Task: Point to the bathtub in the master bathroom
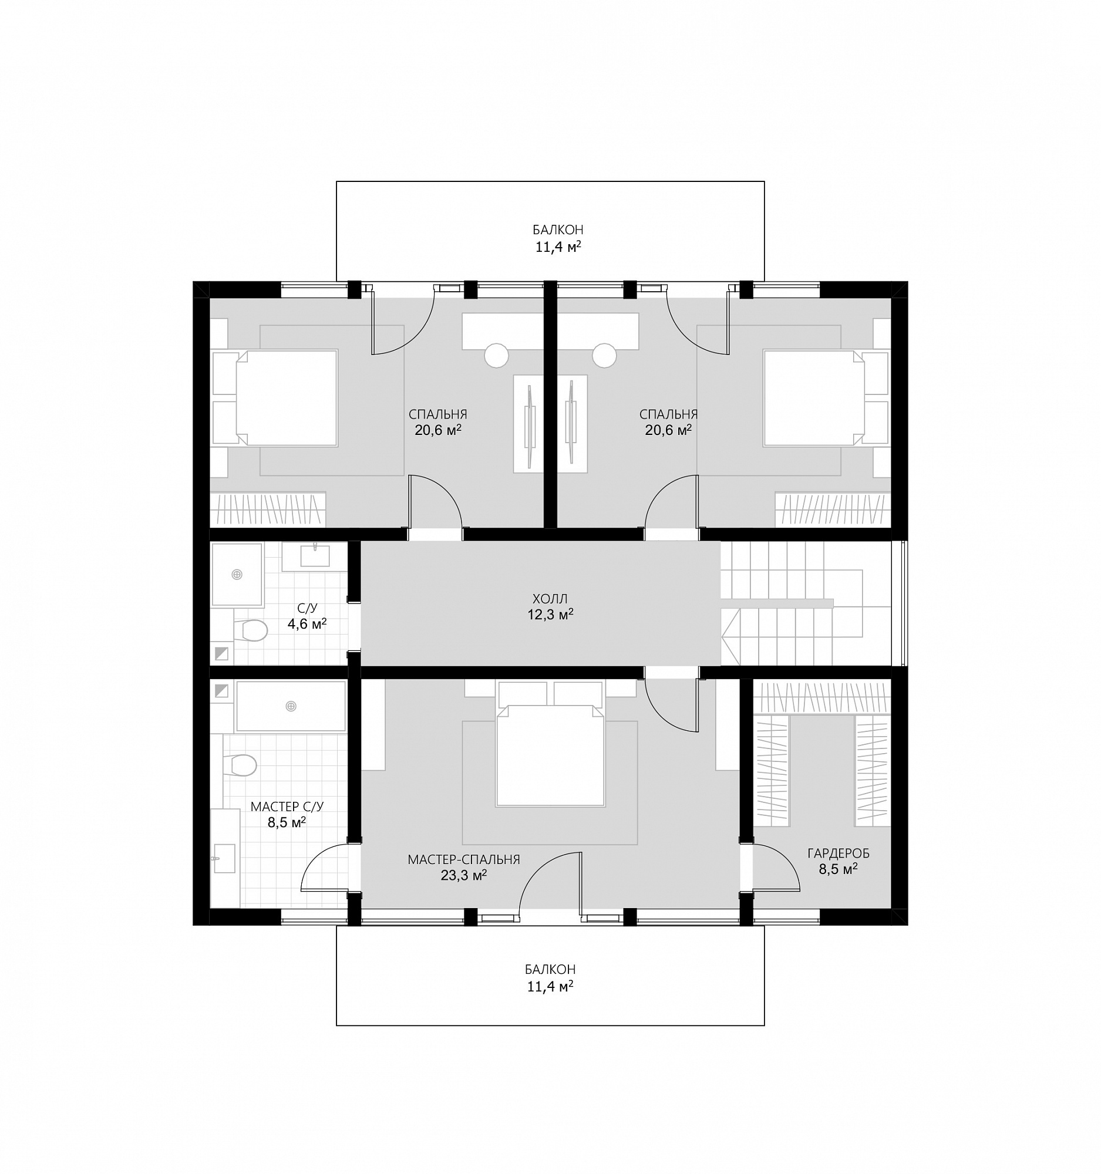tap(291, 706)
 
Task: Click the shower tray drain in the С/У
tap(237, 574)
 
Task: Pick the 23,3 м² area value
tap(464, 875)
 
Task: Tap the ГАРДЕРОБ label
tap(838, 853)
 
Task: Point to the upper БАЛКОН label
tap(558, 230)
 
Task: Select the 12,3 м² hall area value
tap(550, 615)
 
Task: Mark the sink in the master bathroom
tap(224, 858)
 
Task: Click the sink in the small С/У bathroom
tap(315, 556)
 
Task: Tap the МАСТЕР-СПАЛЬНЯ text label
tap(464, 860)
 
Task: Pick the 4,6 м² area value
tap(307, 623)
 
